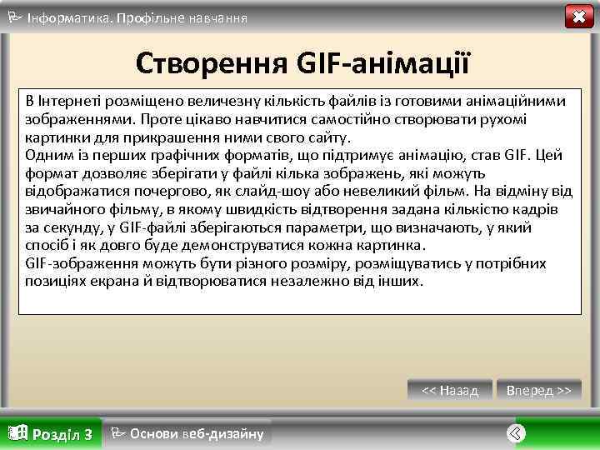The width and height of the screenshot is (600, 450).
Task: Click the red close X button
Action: click(x=576, y=17)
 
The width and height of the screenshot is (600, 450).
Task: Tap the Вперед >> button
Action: click(x=539, y=390)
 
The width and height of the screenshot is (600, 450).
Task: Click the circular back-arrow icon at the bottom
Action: click(x=516, y=432)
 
